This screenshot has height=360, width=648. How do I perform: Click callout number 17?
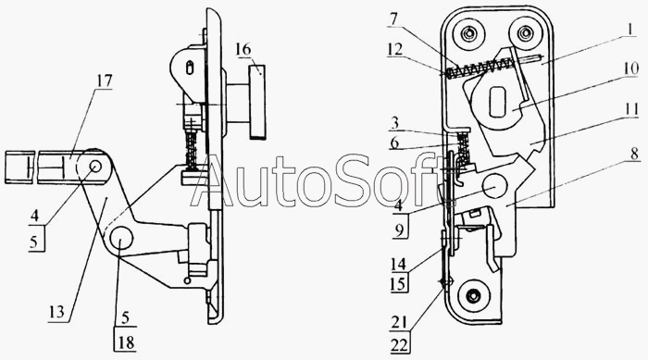pos(104,81)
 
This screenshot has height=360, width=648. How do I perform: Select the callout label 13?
pos(56,311)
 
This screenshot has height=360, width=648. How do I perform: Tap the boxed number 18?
pos(126,342)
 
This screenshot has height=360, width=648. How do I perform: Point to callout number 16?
pos(243,49)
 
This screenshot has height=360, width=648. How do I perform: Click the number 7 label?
pos(393,19)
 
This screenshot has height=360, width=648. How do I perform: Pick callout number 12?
pos(394,49)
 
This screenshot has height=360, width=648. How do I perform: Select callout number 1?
pos(629,30)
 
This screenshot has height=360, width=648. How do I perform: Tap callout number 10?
pos(631,68)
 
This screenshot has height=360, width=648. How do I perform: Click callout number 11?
pos(632,111)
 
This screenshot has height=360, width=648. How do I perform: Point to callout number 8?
pos(634,154)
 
